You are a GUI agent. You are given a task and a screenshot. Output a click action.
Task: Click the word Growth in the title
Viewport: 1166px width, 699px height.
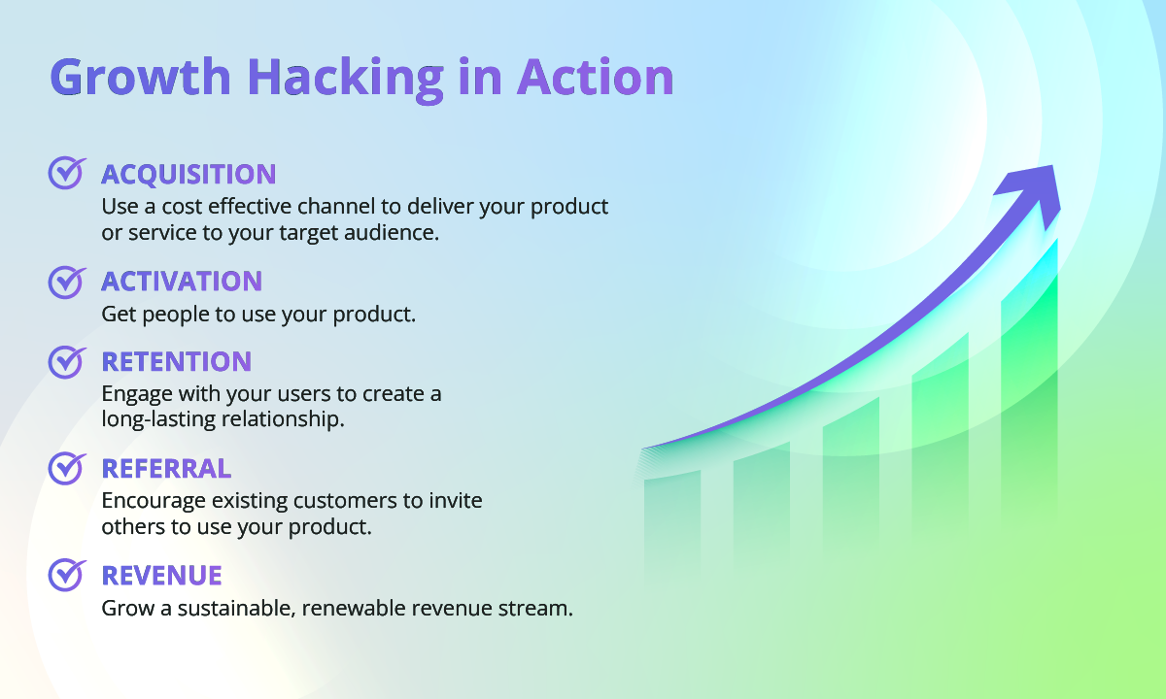[141, 78]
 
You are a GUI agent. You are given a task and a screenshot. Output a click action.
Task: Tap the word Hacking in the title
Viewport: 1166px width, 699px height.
[346, 79]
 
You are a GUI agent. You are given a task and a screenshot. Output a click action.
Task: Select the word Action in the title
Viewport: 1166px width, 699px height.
[596, 77]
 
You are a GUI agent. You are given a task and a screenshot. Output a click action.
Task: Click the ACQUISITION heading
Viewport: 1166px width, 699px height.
[189, 175]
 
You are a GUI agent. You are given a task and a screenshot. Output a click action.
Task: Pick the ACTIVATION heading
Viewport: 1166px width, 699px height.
[182, 282]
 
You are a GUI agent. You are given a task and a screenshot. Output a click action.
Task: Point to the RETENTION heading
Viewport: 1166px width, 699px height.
[177, 361]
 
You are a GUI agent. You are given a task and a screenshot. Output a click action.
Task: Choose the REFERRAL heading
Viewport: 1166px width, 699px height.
[166, 469]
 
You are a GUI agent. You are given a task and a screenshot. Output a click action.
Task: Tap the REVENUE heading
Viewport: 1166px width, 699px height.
[162, 576]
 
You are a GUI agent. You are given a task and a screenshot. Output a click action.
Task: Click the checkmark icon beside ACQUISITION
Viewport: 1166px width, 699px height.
[67, 173]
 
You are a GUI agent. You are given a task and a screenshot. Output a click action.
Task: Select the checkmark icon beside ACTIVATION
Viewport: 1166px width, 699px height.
[67, 283]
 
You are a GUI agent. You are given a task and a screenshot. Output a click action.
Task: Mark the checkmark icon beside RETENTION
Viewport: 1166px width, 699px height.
[67, 362]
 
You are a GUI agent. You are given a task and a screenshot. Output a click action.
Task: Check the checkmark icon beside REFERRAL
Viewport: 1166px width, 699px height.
[67, 469]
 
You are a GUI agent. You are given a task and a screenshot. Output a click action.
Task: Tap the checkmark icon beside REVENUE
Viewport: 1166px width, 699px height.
[67, 575]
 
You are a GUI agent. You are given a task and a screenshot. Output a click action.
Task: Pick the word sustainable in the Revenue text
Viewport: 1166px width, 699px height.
[236, 608]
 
